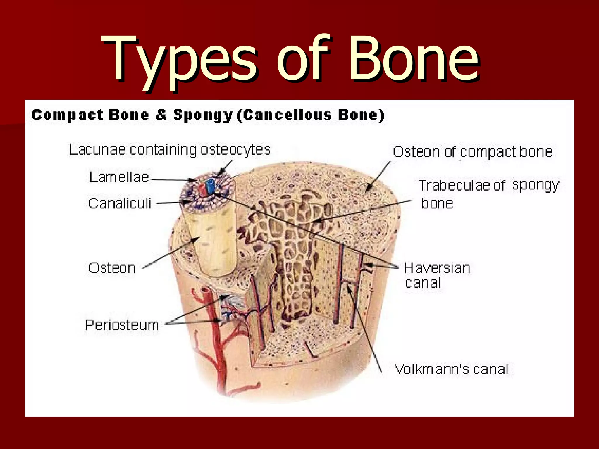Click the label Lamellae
pos(119,177)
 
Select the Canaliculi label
pos(120,203)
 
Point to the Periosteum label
pos(122,325)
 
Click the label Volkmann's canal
pos(451,369)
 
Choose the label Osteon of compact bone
pos(472,152)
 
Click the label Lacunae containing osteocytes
pos(170,150)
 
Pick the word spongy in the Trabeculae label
pos(536,185)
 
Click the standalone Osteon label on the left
pos(112,268)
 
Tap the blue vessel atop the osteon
pos(210,186)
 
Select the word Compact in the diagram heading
pos(68,115)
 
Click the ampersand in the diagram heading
pos(161,115)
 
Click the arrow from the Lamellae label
pos(173,180)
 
